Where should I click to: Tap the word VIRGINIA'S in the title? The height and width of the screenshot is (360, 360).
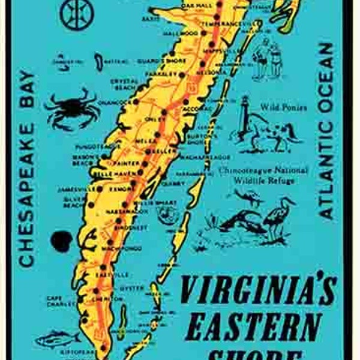tap(258, 290)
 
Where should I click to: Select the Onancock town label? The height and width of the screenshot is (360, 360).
tap(116, 102)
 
